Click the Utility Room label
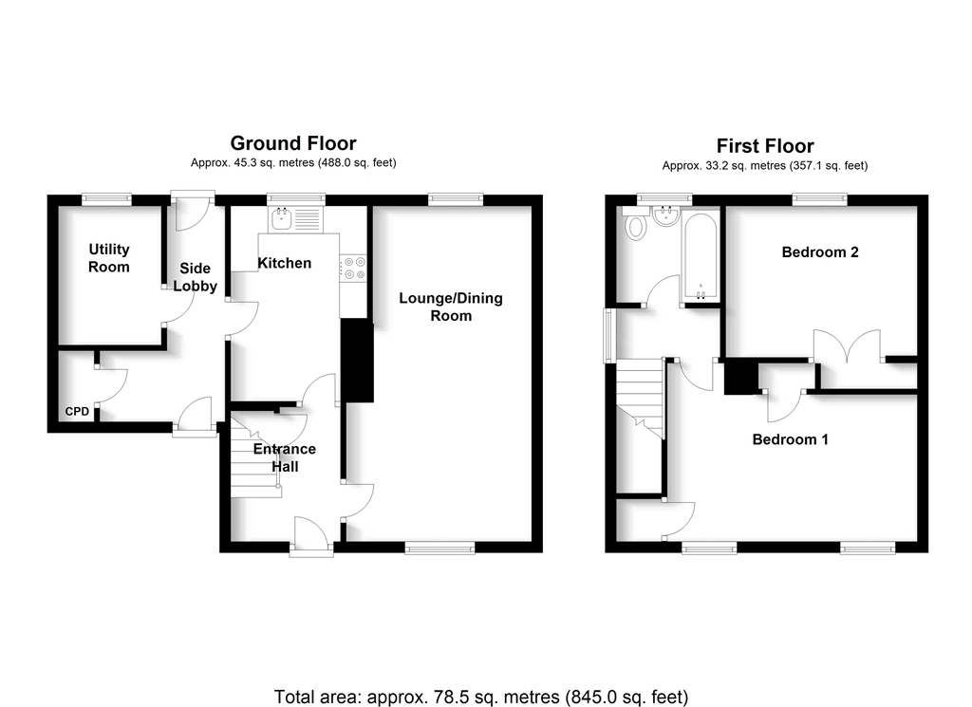pyautogui.click(x=109, y=258)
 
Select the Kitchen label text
pyautogui.click(x=285, y=263)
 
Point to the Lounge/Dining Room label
pyautogui.click(x=451, y=307)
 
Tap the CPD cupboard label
pyautogui.click(x=77, y=412)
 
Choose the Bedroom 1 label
pyautogui.click(x=791, y=439)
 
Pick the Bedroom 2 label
pyautogui.click(x=820, y=252)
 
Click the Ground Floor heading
pyautogui.click(x=293, y=143)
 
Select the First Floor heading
pyautogui.click(x=765, y=146)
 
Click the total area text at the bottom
pyautogui.click(x=481, y=698)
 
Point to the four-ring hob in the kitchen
pyautogui.click(x=353, y=269)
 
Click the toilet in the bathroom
pyautogui.click(x=635, y=226)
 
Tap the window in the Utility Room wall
pyautogui.click(x=105, y=199)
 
